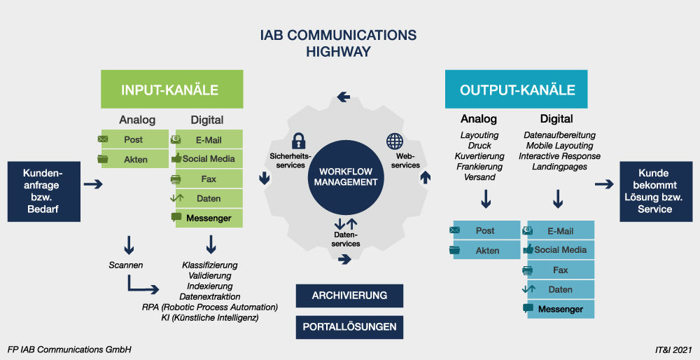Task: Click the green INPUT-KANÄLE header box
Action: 171,90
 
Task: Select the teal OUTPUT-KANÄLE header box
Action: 517,90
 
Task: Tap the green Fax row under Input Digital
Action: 207,179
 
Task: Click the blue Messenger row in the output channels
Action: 559,309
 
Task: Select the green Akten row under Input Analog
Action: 135,159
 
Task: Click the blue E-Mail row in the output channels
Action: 559,231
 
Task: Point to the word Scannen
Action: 126,265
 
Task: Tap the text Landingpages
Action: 559,167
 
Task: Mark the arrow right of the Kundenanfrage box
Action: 92,185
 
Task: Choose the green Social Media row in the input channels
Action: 207,159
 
